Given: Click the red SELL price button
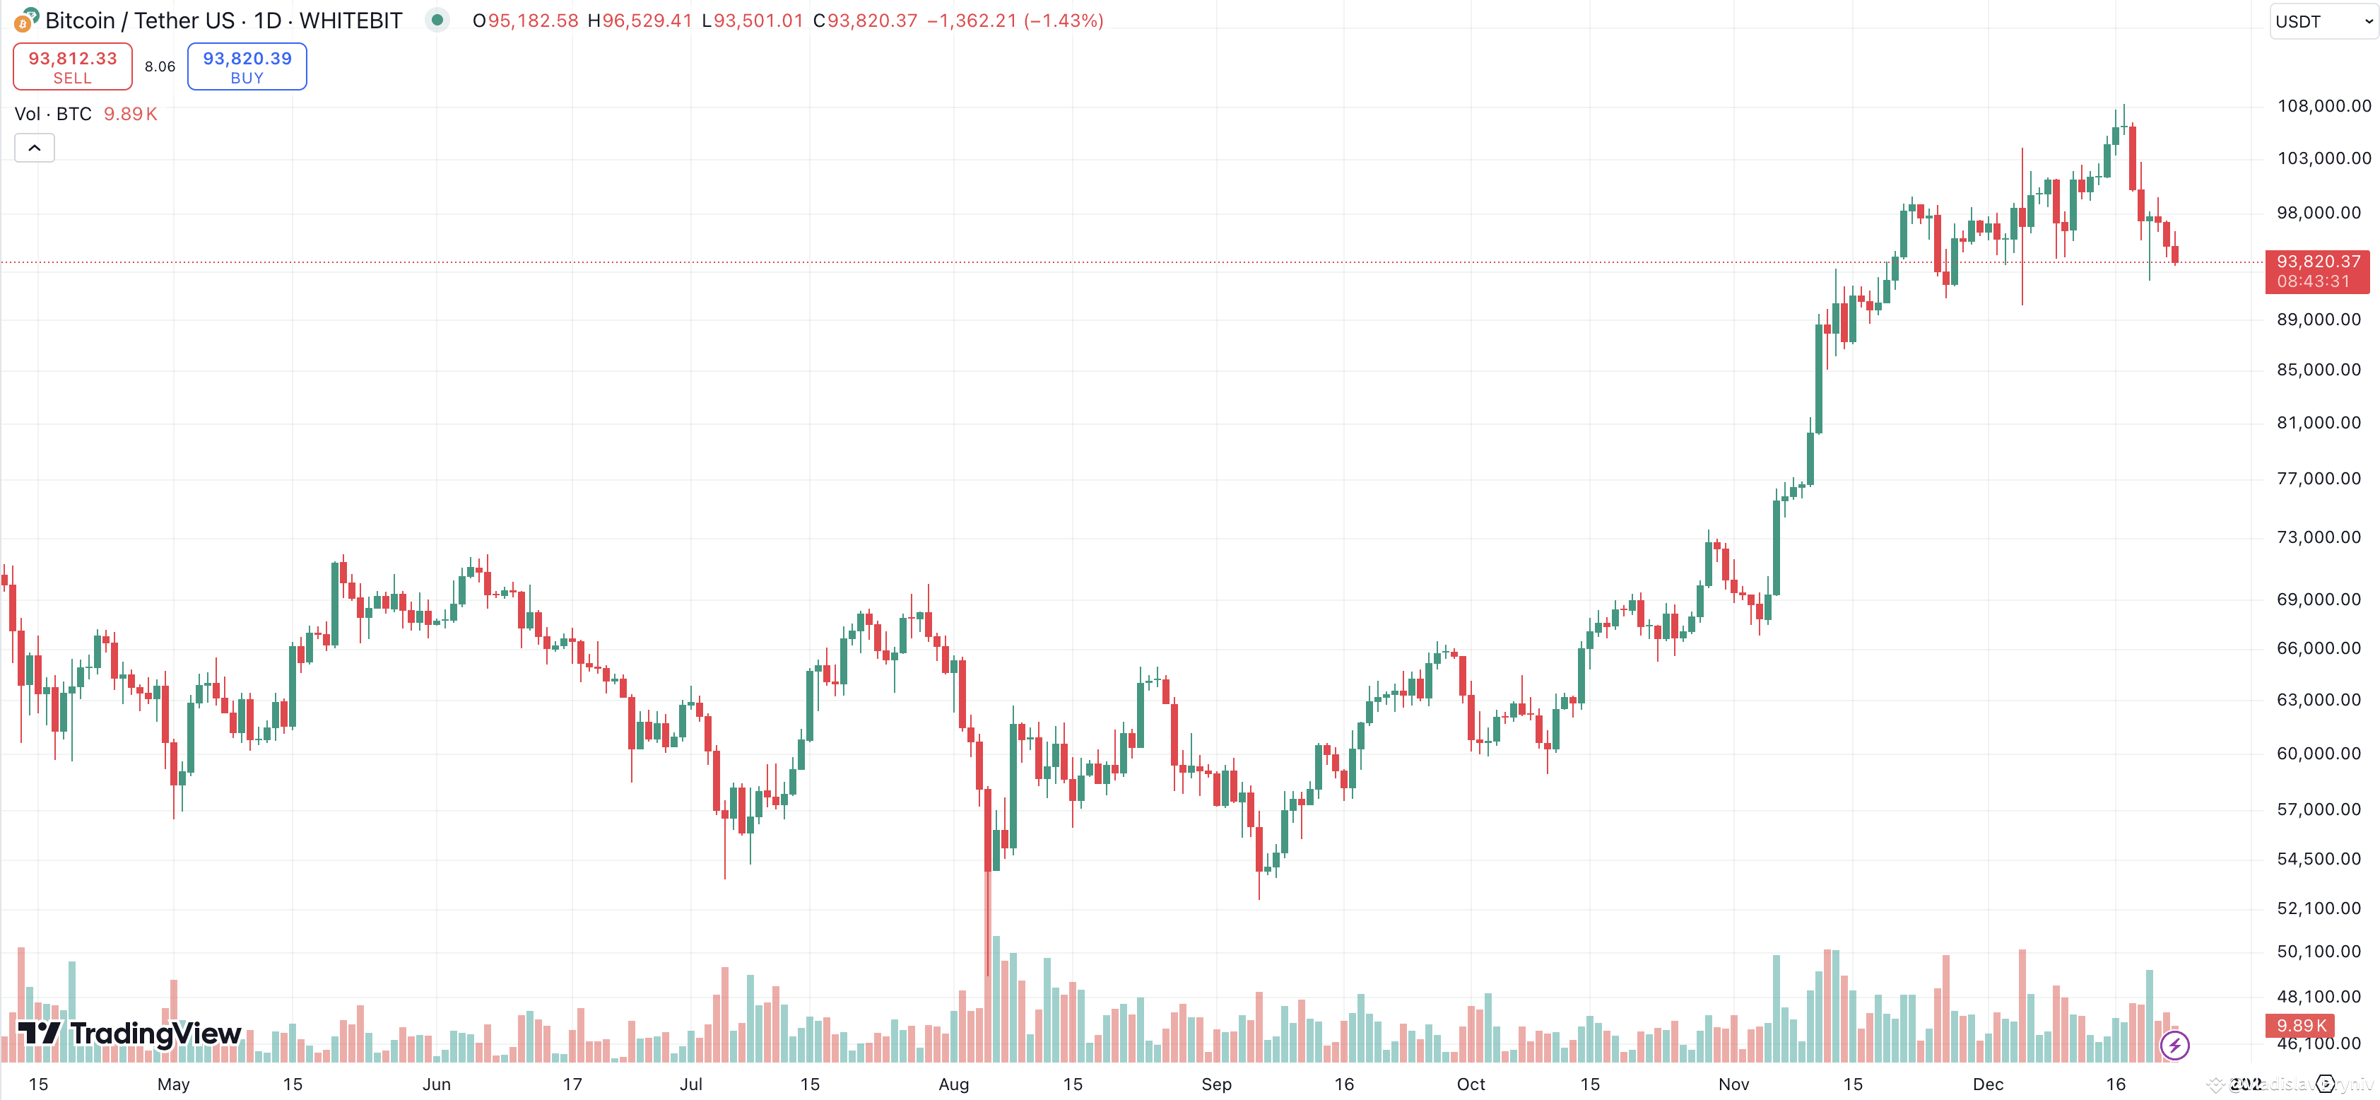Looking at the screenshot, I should (x=72, y=66).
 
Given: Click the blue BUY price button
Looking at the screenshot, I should (x=247, y=66).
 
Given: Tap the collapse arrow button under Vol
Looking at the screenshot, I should (x=34, y=148).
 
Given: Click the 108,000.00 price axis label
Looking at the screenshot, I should (x=2323, y=106).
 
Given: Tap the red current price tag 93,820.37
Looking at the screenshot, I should (x=2317, y=271).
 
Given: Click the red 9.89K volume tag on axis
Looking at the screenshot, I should (x=2301, y=1025).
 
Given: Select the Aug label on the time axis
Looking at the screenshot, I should (x=953, y=1084).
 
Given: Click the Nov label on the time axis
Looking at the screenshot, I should (x=1733, y=1084).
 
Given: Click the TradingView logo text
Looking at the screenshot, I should (x=155, y=1033).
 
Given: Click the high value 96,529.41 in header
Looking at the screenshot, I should (x=646, y=21).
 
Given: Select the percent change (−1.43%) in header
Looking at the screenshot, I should (x=1064, y=21).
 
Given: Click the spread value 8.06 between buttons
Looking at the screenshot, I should (x=160, y=66).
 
